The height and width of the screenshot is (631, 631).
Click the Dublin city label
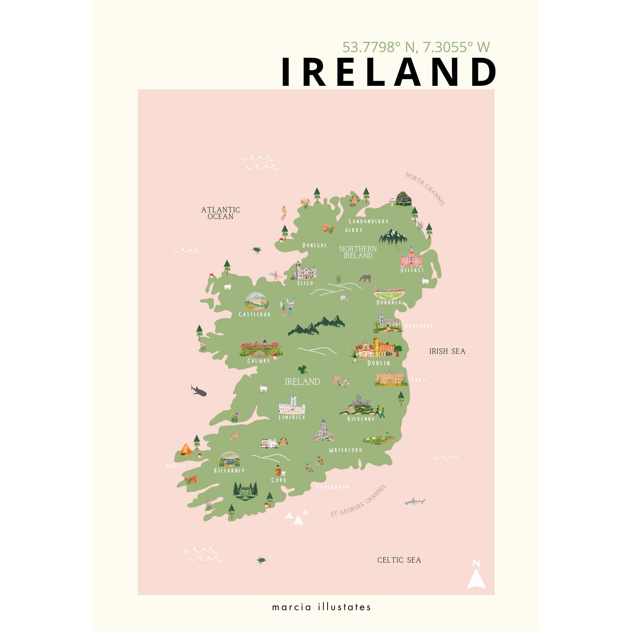tap(379, 363)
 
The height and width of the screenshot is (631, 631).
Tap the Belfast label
tap(412, 270)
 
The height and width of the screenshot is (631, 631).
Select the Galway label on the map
tap(258, 361)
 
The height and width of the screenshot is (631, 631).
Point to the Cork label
tap(279, 480)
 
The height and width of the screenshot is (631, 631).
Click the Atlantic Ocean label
tap(221, 213)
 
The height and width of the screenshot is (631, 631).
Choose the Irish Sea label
tap(447, 351)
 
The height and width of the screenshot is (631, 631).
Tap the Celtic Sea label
tap(399, 560)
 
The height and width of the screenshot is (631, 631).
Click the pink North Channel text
tap(425, 189)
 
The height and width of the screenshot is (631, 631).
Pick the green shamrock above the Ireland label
tap(303, 369)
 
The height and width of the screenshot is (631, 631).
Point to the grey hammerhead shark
tap(415, 501)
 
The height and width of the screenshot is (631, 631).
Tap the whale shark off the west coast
tap(198, 391)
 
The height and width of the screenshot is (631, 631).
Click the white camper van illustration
tap(269, 443)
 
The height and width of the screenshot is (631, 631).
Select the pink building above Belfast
tap(411, 257)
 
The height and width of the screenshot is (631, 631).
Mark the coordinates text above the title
tap(416, 47)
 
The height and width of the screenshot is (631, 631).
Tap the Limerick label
tap(292, 417)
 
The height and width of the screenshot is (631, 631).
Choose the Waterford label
tap(345, 450)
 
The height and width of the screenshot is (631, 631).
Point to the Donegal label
tap(314, 245)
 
